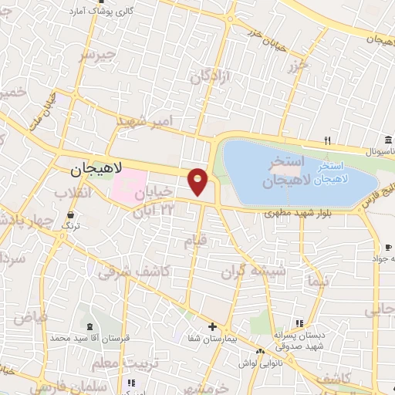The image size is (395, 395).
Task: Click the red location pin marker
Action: [x=198, y=182]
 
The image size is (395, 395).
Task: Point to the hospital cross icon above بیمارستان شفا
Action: [x=211, y=326]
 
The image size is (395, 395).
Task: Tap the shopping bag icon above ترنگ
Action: [x=71, y=215]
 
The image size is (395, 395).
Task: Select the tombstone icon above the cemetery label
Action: [x=90, y=327]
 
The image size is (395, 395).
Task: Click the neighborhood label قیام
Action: [x=195, y=241]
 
